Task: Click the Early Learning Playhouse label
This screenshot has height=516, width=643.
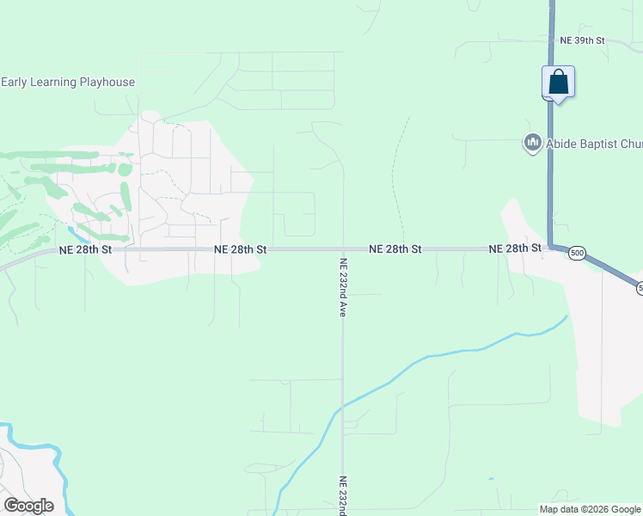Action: pyautogui.click(x=68, y=83)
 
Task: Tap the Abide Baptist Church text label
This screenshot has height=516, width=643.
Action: pyautogui.click(x=593, y=144)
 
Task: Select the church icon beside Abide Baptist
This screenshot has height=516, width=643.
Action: pyautogui.click(x=531, y=143)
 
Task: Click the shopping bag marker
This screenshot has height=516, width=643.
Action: pyautogui.click(x=558, y=83)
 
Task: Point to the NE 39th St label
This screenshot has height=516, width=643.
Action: pyautogui.click(x=583, y=40)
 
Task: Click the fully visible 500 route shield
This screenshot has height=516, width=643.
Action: pyautogui.click(x=577, y=253)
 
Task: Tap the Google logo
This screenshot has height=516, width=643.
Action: pyautogui.click(x=28, y=506)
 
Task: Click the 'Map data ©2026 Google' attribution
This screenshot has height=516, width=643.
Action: pyautogui.click(x=590, y=509)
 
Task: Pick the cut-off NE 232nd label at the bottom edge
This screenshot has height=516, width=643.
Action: pyautogui.click(x=342, y=496)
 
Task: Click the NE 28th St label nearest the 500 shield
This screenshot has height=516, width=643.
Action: pyautogui.click(x=515, y=249)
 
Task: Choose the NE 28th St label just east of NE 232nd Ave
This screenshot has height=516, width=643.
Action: pyautogui.click(x=395, y=249)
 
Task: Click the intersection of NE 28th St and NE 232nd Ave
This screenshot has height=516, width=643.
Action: pyautogui.click(x=342, y=249)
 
